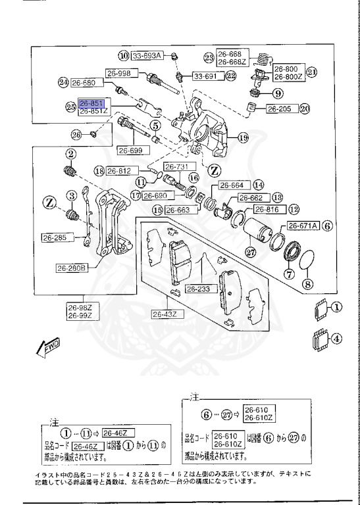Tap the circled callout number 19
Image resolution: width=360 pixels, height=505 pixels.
244,137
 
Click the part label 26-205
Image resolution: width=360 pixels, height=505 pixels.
280,108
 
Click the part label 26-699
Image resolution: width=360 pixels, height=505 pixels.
130,151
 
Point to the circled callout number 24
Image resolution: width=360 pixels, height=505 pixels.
63,83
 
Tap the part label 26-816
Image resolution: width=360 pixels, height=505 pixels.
267,210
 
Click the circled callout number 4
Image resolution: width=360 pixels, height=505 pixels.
336,340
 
